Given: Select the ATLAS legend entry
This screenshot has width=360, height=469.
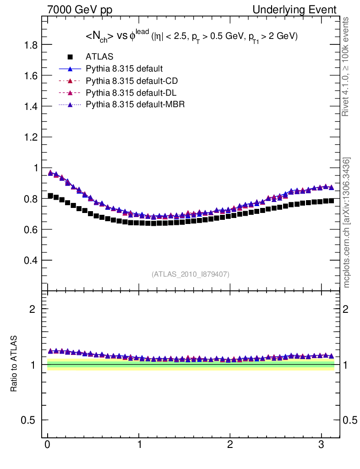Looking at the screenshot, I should (99, 57).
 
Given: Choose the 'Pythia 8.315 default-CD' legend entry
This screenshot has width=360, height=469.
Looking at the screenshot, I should (131, 81).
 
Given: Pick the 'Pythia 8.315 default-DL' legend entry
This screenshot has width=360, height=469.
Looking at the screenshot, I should (131, 93).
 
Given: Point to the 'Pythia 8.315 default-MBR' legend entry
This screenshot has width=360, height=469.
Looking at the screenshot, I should (135, 105).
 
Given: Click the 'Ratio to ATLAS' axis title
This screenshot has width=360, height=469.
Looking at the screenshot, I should (14, 364).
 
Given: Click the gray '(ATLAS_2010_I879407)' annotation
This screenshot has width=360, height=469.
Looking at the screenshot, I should (191, 274).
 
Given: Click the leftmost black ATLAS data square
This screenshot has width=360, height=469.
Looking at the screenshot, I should (50, 196).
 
